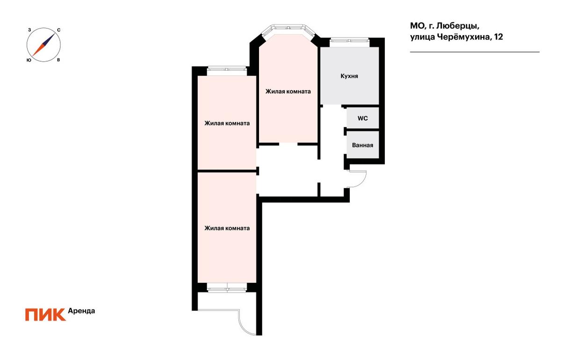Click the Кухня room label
coord(349,76)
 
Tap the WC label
coord(363,118)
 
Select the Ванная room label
coord(362,145)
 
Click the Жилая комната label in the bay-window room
coord(288,92)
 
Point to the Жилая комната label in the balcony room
coord(227,228)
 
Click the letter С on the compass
coord(58,30)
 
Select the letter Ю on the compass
coord(29,60)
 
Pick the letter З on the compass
coord(29,30)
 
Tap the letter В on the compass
coord(58,60)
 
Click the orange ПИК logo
coord(45,315)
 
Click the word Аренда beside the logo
coord(81,311)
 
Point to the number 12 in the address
coord(498,37)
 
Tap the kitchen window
coord(350,43)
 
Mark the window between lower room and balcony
coord(227,288)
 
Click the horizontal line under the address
coord(475,52)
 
